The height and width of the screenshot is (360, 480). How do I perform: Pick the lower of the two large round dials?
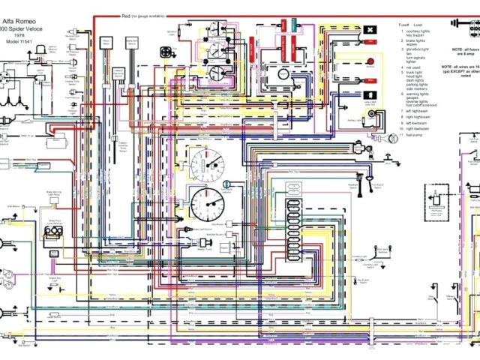click(x=205, y=202)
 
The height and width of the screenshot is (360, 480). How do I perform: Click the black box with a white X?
click(x=370, y=30)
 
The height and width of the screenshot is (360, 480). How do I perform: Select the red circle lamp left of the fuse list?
click(x=370, y=61)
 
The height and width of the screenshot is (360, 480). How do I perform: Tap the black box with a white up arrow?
click(x=369, y=94)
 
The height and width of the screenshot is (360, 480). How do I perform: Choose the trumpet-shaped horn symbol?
click(x=391, y=138)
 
